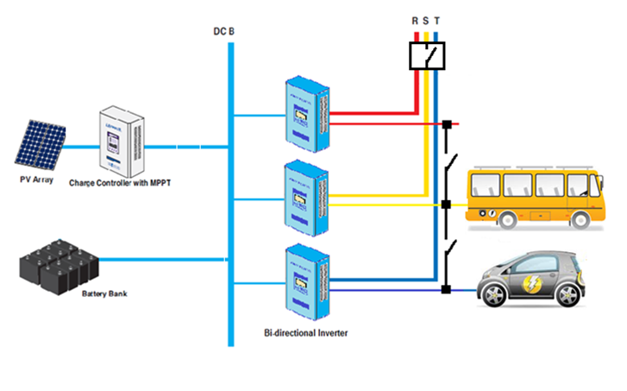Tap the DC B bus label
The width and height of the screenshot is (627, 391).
pyautogui.click(x=224, y=32)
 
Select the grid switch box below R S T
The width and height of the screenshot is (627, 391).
pyautogui.click(x=427, y=54)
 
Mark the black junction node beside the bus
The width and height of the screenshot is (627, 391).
pyautogui.click(x=446, y=205)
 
